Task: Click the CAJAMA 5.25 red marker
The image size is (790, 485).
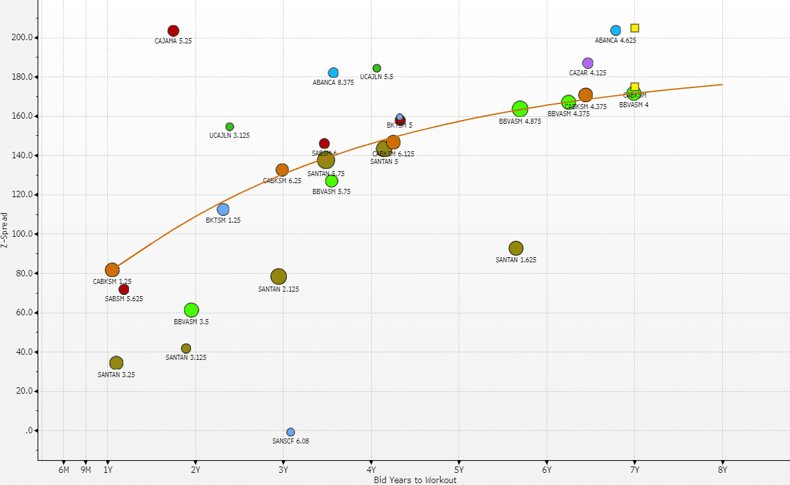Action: [173, 31]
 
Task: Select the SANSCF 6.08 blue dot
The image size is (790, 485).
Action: [291, 432]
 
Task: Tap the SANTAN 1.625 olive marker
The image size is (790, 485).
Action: [516, 248]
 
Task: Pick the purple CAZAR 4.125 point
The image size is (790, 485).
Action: [588, 63]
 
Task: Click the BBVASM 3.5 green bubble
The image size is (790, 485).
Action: [191, 310]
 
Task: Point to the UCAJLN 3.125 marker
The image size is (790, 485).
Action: [230, 126]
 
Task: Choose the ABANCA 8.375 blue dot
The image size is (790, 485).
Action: [333, 73]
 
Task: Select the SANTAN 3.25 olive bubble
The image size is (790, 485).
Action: [116, 363]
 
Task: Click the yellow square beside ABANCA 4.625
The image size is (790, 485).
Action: [635, 28]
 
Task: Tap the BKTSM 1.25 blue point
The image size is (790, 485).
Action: [223, 209]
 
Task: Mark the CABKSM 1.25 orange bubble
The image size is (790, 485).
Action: [112, 270]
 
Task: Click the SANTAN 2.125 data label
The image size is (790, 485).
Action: [278, 289]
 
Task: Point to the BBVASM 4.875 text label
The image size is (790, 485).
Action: [520, 121]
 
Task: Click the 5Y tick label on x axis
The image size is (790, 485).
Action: [459, 470]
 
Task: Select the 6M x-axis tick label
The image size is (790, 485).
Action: [64, 470]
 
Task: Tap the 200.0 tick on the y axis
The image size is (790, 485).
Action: [22, 38]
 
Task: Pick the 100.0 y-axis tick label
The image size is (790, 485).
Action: [22, 234]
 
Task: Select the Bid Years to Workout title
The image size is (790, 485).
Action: [415, 480]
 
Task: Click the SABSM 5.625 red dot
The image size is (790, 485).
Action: [124, 289]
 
